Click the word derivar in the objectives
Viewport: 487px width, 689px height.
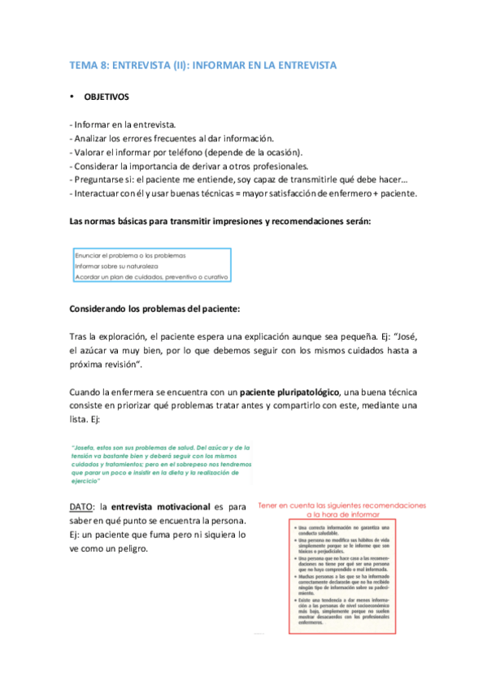point(202,166)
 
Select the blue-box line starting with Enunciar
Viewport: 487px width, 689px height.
point(125,254)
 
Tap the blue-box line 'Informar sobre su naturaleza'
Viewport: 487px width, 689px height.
point(116,265)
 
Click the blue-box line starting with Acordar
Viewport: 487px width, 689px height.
point(151,276)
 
